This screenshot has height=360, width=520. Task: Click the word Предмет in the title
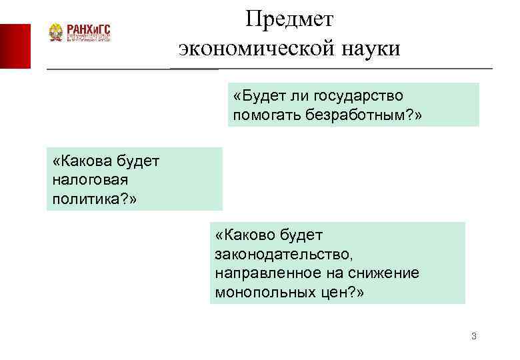(x=289, y=19)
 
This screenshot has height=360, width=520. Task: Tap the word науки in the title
(x=369, y=49)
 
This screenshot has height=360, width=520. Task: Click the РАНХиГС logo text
(x=88, y=29)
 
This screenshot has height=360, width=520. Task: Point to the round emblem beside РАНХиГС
(x=56, y=33)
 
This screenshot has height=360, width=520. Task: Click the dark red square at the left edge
(x=15, y=45)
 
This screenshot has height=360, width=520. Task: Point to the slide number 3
(x=473, y=336)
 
